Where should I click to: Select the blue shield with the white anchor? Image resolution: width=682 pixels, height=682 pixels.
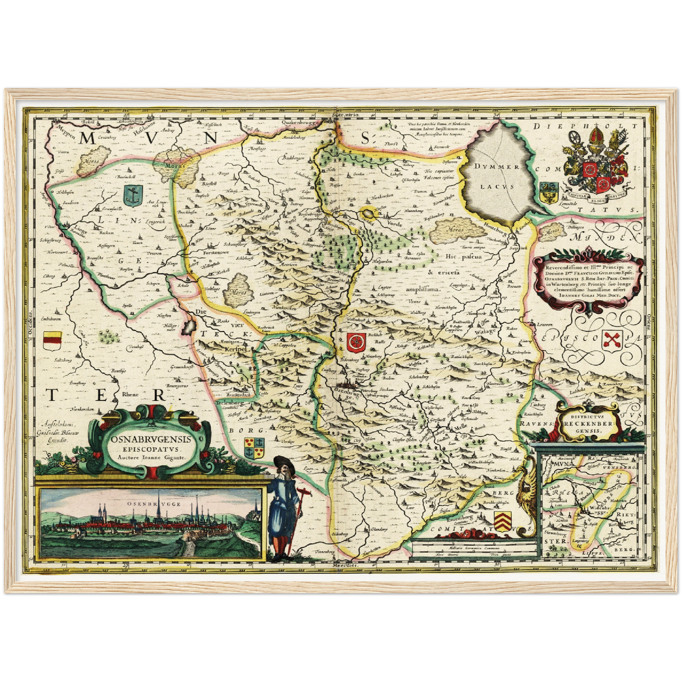click(133, 195)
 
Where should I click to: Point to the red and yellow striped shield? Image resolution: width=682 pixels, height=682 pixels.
click(52, 340)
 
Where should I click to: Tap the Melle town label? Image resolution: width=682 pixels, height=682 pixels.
click(460, 426)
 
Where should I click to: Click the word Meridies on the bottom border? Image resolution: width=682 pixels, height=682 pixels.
click(345, 565)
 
